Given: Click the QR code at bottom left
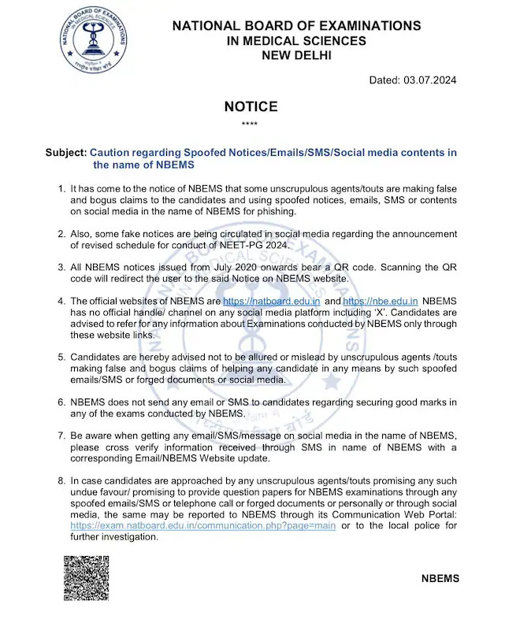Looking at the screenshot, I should coord(86,578).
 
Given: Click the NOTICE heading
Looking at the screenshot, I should coord(251,106).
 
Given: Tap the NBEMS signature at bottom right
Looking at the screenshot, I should coord(440,579).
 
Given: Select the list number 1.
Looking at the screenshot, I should coord(62,190).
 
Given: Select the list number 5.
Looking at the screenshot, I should coord(62,358).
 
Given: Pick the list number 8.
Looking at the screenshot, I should coord(62,481).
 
